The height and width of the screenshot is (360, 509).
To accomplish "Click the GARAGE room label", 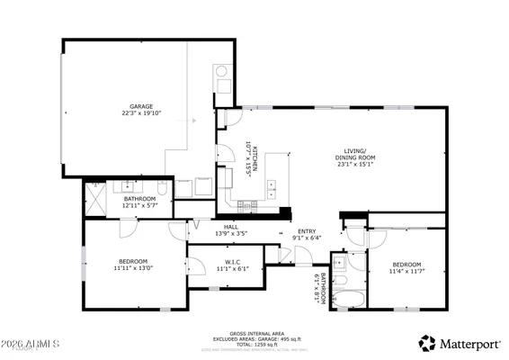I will coord(140,106).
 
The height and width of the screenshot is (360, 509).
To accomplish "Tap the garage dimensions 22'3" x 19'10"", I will coord(140,113).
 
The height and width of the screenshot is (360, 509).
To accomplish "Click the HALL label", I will coord(230,227).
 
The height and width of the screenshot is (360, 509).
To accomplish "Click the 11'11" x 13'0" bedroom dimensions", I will coord(133,268).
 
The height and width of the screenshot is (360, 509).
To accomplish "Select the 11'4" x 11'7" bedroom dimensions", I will coord(406,271).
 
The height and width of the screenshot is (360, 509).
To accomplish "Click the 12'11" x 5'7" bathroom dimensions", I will coord(139,205).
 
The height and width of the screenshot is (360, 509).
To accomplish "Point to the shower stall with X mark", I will coord(94,196).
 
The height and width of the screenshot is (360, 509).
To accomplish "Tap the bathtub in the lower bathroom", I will coord(346,298).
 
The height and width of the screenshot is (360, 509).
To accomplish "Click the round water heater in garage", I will coord(221,72).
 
